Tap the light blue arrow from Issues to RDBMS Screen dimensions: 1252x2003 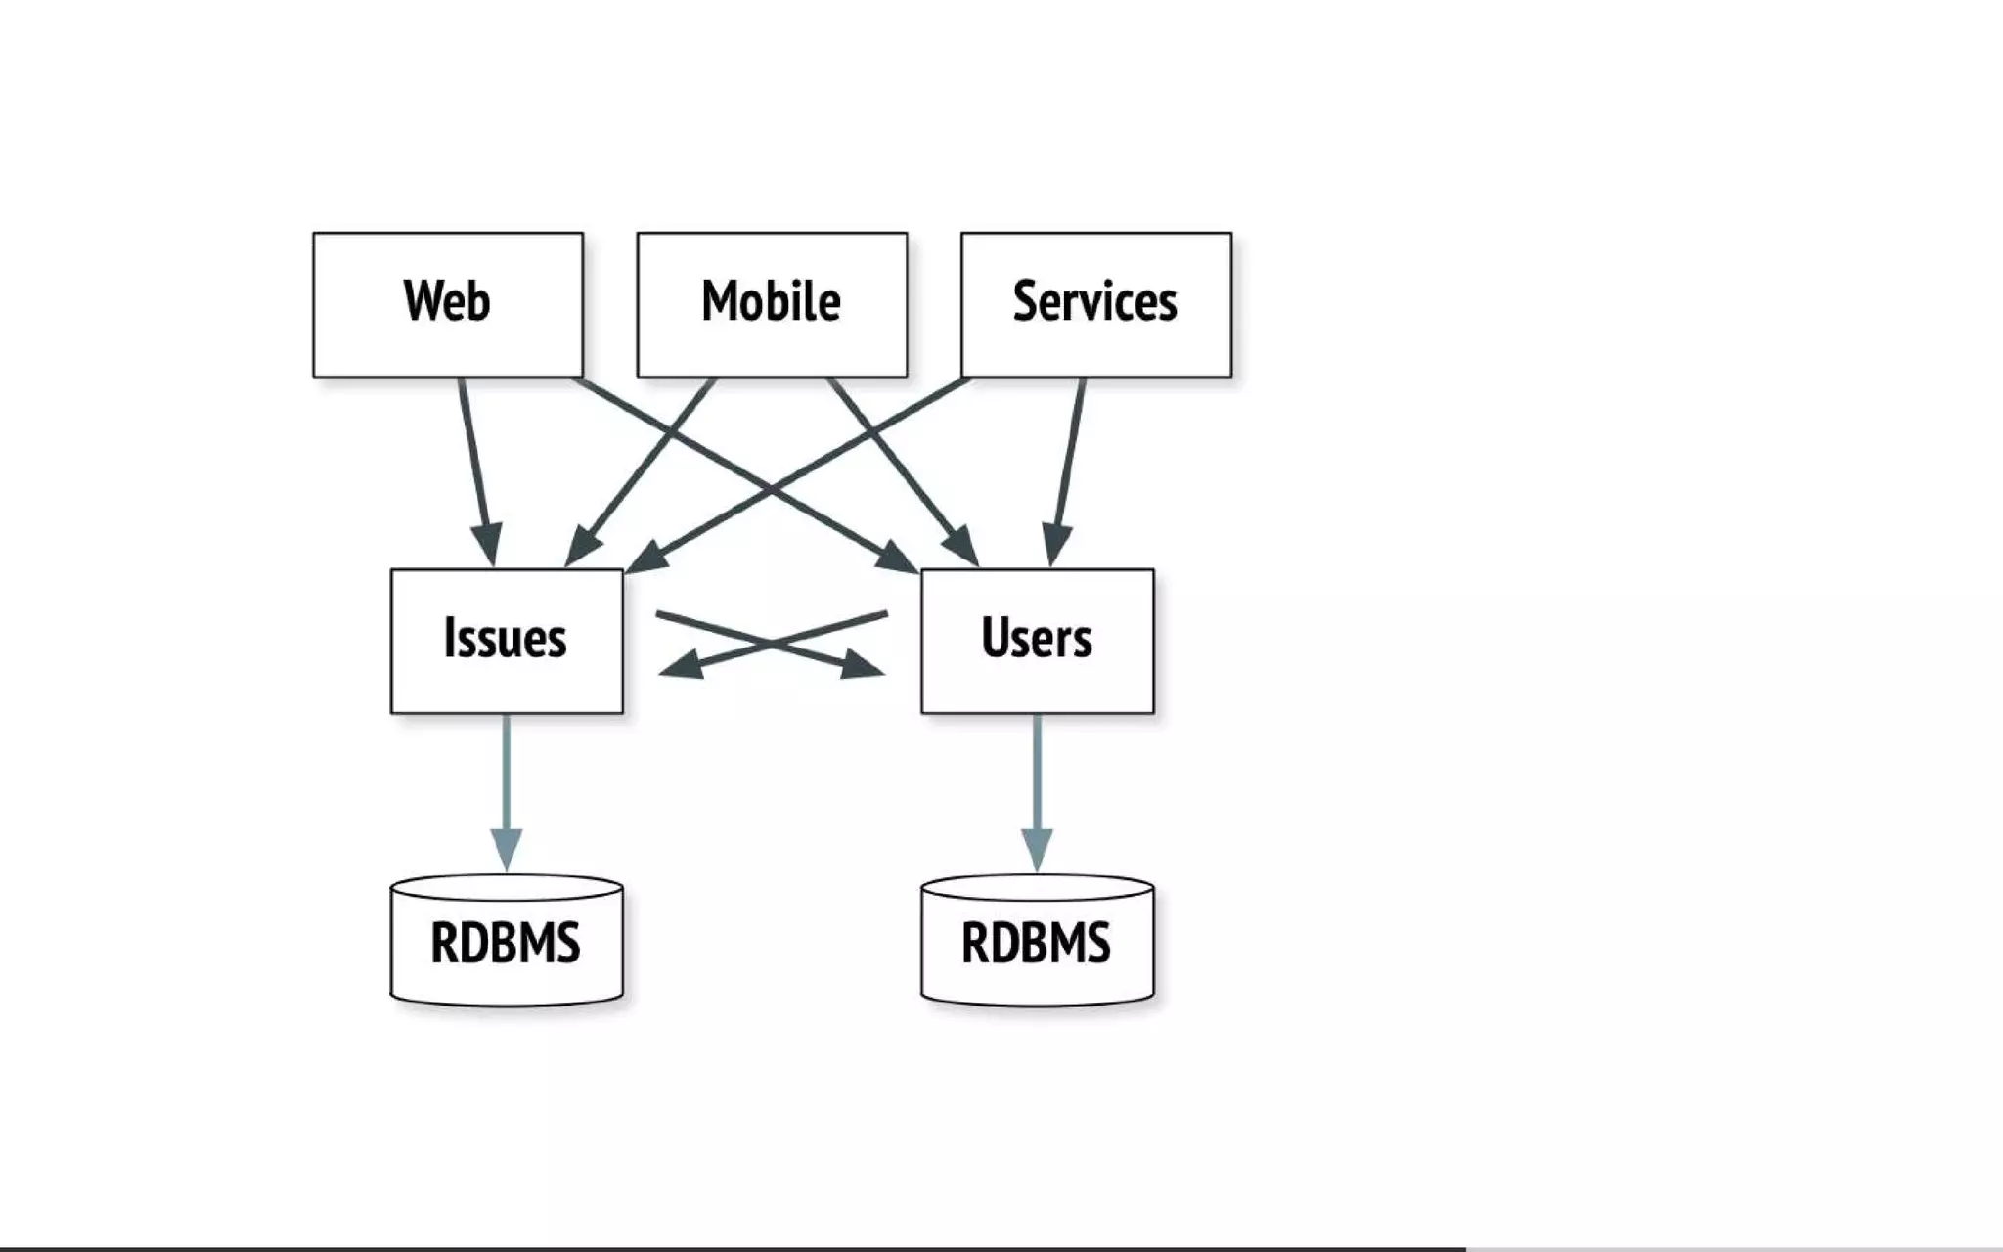[507, 782]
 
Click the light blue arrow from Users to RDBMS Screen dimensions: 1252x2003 [1037, 782]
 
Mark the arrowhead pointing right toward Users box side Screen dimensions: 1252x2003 [863, 665]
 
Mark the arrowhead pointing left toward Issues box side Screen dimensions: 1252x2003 [682, 665]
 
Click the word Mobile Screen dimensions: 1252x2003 [772, 301]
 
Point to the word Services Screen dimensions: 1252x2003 [1094, 301]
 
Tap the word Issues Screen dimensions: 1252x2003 [505, 639]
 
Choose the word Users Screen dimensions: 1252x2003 [1036, 639]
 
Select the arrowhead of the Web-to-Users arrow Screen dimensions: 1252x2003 [898, 560]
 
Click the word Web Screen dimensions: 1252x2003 [446, 301]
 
